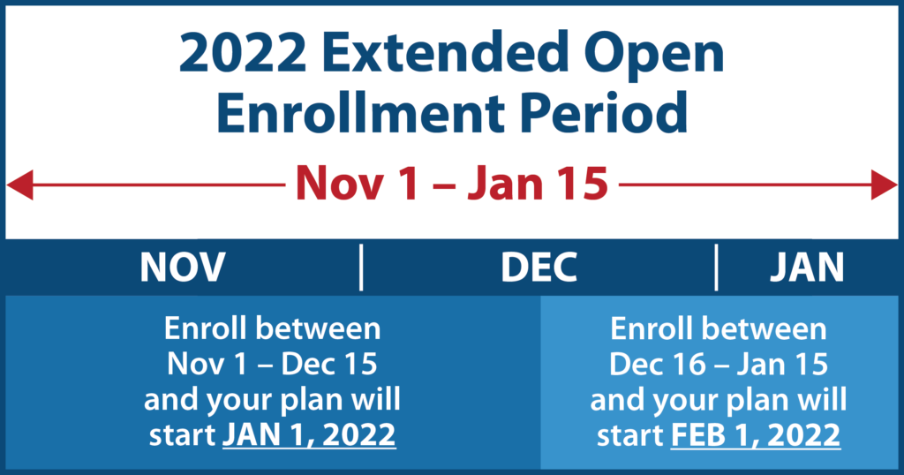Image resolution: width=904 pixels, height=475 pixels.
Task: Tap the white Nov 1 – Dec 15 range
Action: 272,365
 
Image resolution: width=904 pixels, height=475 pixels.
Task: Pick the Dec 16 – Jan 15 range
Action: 719,365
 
